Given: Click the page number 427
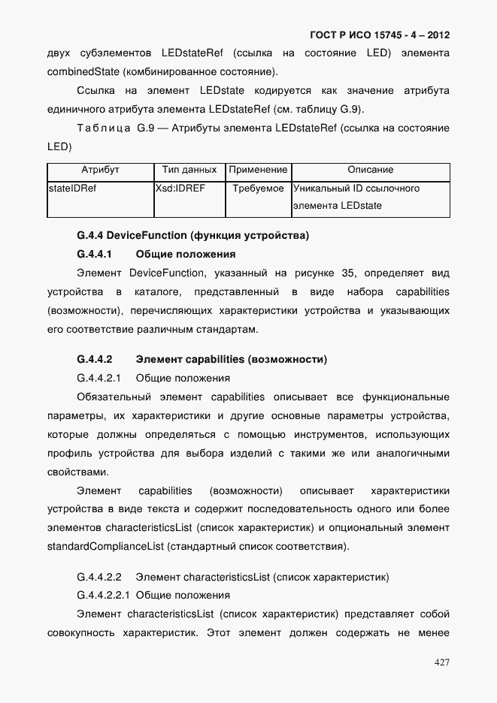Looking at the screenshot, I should point(441,662).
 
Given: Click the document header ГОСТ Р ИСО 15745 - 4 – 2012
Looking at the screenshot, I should point(380,35).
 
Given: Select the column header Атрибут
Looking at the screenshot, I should point(100,170).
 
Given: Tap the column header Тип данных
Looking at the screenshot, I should point(189,170).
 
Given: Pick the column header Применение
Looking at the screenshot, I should point(258,170).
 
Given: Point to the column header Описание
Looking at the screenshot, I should point(370,170).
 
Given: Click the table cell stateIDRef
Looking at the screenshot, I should point(72,189).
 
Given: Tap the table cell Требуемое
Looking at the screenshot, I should point(258,189).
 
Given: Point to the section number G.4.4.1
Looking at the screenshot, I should point(94,255).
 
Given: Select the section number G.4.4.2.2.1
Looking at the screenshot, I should point(104,595).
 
